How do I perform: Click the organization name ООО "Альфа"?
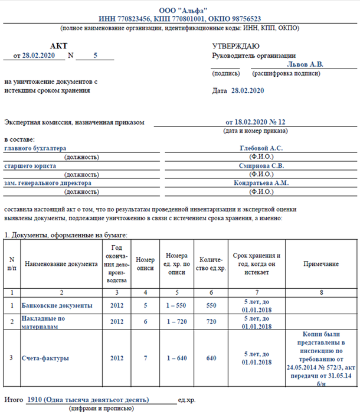click(179, 11)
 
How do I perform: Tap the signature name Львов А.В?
click(305, 64)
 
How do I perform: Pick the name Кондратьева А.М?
click(261, 183)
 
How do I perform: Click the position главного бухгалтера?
click(35, 148)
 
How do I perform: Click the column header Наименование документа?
click(61, 264)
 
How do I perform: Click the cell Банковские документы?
click(57, 306)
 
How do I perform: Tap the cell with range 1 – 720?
click(177, 322)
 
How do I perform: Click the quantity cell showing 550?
click(211, 306)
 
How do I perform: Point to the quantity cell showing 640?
click(211, 358)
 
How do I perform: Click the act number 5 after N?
click(95, 56)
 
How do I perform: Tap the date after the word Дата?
click(248, 90)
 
